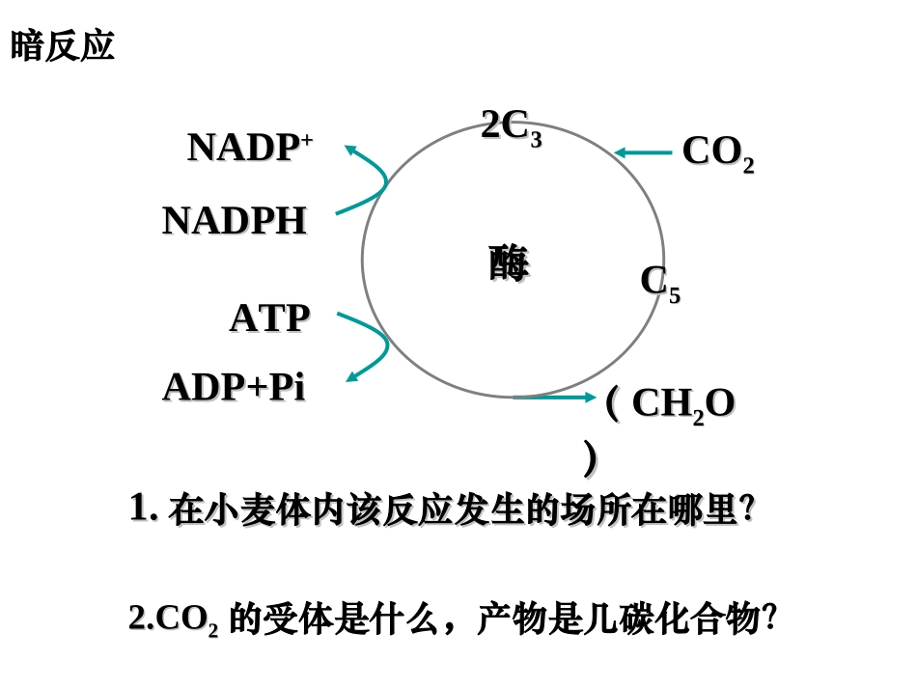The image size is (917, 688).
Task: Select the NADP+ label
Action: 249,148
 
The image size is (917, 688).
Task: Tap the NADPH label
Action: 235,221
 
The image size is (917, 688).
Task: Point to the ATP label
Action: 269,318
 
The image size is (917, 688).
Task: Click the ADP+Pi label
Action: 234,387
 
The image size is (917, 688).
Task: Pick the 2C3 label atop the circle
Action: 511,126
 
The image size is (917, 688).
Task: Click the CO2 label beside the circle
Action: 717,152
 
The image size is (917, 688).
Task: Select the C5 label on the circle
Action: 660,283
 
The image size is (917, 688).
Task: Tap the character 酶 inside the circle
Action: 509,262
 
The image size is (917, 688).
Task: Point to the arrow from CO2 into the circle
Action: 643,151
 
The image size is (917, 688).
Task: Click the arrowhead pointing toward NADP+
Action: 350,150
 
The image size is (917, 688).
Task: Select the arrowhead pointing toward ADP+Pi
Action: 352,376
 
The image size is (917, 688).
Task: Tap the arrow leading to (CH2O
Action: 555,397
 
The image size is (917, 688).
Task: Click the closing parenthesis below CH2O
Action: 591,458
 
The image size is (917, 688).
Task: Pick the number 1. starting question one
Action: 143,508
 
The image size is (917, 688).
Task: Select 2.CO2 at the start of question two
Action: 173,619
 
